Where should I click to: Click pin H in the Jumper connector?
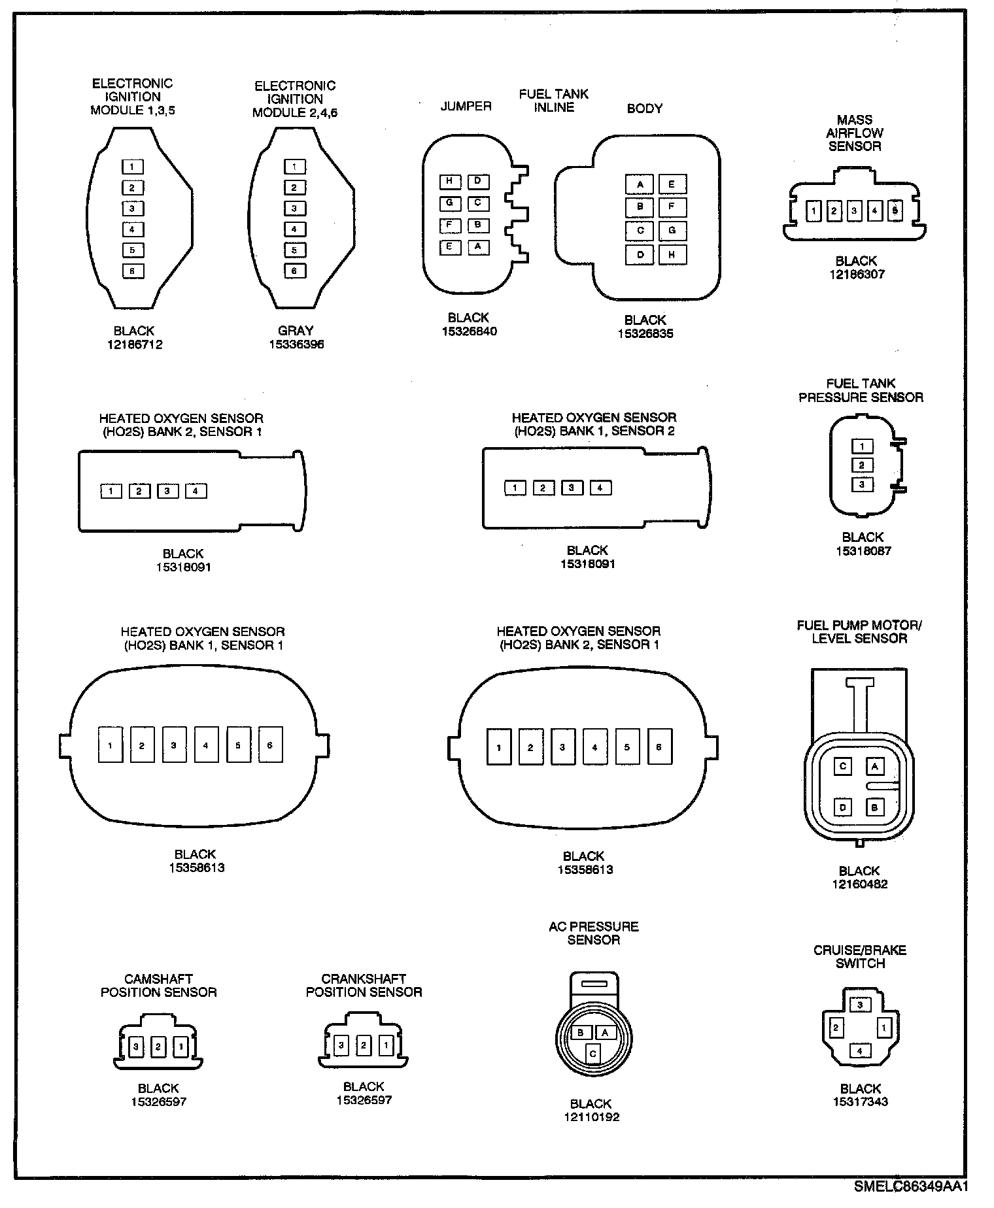point(449,181)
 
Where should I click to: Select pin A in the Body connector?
point(640,184)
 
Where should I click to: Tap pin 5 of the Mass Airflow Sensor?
point(895,211)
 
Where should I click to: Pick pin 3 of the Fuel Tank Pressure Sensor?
point(862,484)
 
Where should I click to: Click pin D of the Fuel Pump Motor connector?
point(843,807)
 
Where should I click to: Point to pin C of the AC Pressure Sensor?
point(592,1053)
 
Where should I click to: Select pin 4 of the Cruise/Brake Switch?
point(859,1051)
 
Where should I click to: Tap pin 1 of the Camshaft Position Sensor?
point(180,1047)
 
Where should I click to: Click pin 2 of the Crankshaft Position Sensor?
point(364,1045)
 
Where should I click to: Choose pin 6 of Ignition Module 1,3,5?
point(133,271)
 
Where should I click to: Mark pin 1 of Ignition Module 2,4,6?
point(295,167)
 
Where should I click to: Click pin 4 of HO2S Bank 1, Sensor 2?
point(600,488)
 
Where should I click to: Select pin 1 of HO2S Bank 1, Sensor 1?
point(111,745)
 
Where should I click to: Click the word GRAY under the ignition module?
point(296,331)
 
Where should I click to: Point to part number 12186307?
point(857,275)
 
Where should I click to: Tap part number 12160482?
point(859,884)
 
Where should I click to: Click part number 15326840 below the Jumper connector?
point(469,331)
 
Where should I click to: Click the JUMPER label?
point(466,106)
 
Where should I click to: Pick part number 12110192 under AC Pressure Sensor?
point(591,1117)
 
